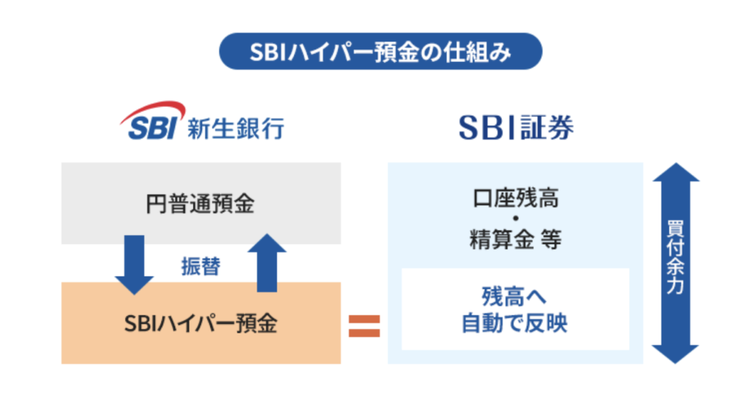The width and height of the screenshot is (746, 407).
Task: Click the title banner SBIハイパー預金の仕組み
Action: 381,52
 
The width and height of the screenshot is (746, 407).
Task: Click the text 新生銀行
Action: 235,128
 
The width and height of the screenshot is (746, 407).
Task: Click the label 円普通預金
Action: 200,204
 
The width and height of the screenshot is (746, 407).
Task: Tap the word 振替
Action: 200,266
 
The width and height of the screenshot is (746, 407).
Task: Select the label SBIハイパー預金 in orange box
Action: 200,323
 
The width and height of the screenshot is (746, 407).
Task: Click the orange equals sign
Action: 364,325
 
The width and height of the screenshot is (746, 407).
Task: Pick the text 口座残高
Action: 515,197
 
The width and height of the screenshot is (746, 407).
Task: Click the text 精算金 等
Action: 515,239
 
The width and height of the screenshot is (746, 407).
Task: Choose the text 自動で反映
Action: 514,323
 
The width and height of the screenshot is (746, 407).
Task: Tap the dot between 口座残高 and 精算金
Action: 515,218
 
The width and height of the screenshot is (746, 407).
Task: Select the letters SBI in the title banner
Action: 265,52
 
